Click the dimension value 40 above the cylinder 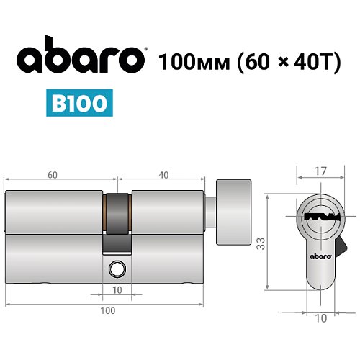166,175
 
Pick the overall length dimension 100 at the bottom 107,311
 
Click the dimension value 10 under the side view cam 117,290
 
